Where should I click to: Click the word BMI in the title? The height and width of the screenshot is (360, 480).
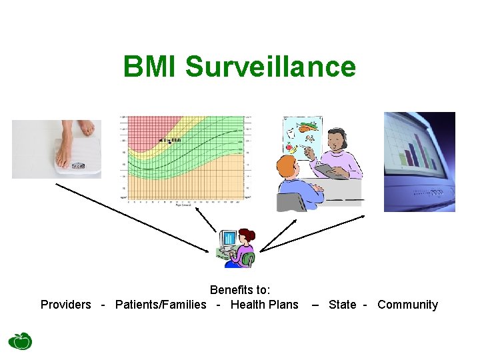pos(151,67)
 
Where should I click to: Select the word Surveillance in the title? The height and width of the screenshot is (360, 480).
pos(271,67)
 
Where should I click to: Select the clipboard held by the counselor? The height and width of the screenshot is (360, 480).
pos(332,172)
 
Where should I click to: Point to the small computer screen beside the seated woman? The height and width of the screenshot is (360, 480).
pos(228,238)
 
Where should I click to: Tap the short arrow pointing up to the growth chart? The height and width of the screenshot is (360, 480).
pos(208,220)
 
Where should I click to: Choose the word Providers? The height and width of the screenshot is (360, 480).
pos(65,305)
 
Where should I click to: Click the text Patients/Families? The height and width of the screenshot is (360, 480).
pos(161,305)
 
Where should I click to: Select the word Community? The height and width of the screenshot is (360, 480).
pos(407,305)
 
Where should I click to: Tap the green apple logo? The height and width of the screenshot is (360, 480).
pos(20,340)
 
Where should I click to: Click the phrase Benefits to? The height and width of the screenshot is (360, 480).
pos(240,290)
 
